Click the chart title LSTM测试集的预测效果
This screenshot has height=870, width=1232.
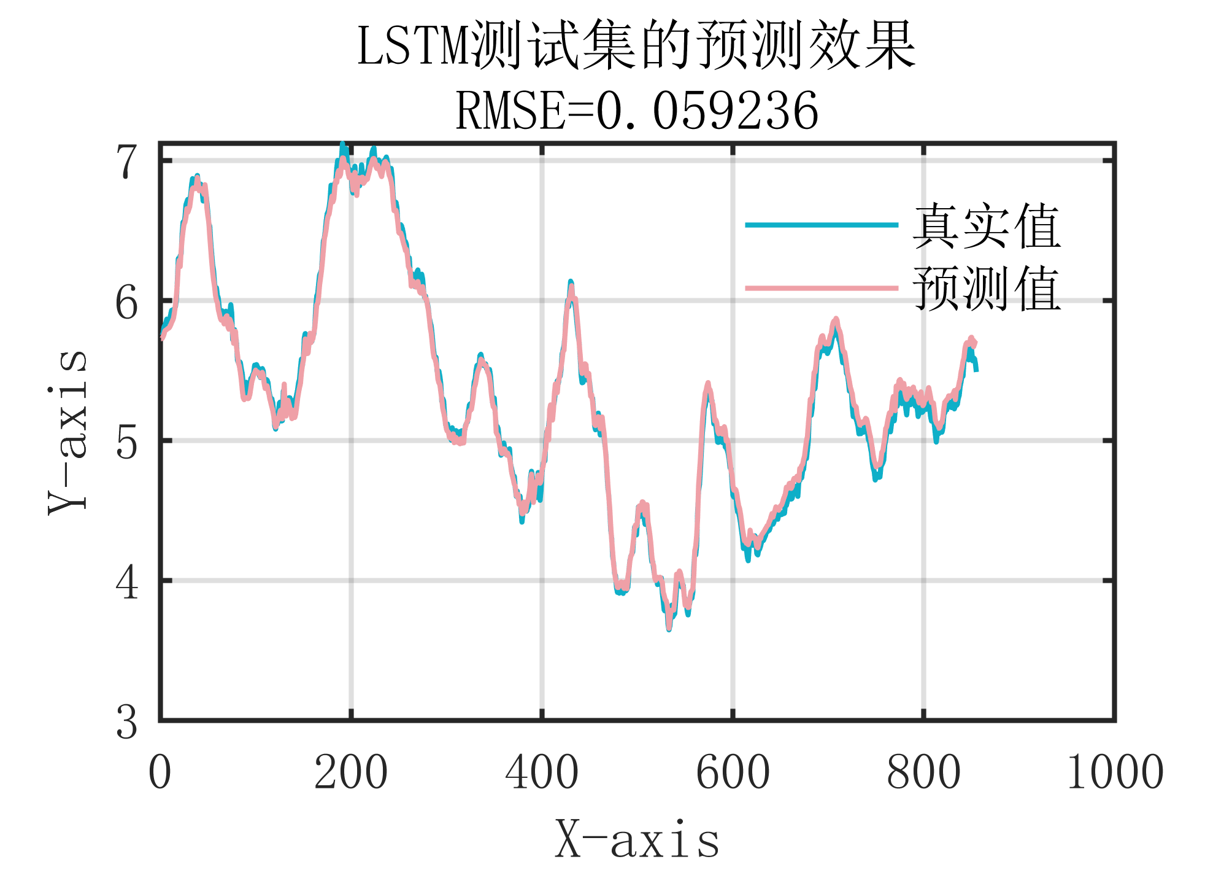pos(636,46)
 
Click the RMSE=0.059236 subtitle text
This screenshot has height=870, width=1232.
pos(636,111)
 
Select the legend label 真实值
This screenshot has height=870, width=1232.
pos(986,226)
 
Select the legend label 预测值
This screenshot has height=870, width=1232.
pos(986,289)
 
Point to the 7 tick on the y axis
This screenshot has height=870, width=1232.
pos(127,161)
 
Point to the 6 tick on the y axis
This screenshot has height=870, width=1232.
pos(127,302)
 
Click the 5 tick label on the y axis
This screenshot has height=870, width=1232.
pos(127,442)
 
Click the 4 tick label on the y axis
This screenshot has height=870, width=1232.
pos(127,582)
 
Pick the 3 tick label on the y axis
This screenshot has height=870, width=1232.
pos(127,722)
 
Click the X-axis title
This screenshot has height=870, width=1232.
pos(636,840)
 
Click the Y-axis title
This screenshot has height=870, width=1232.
pos(67,432)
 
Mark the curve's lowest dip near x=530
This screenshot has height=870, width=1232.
pos(669,627)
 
